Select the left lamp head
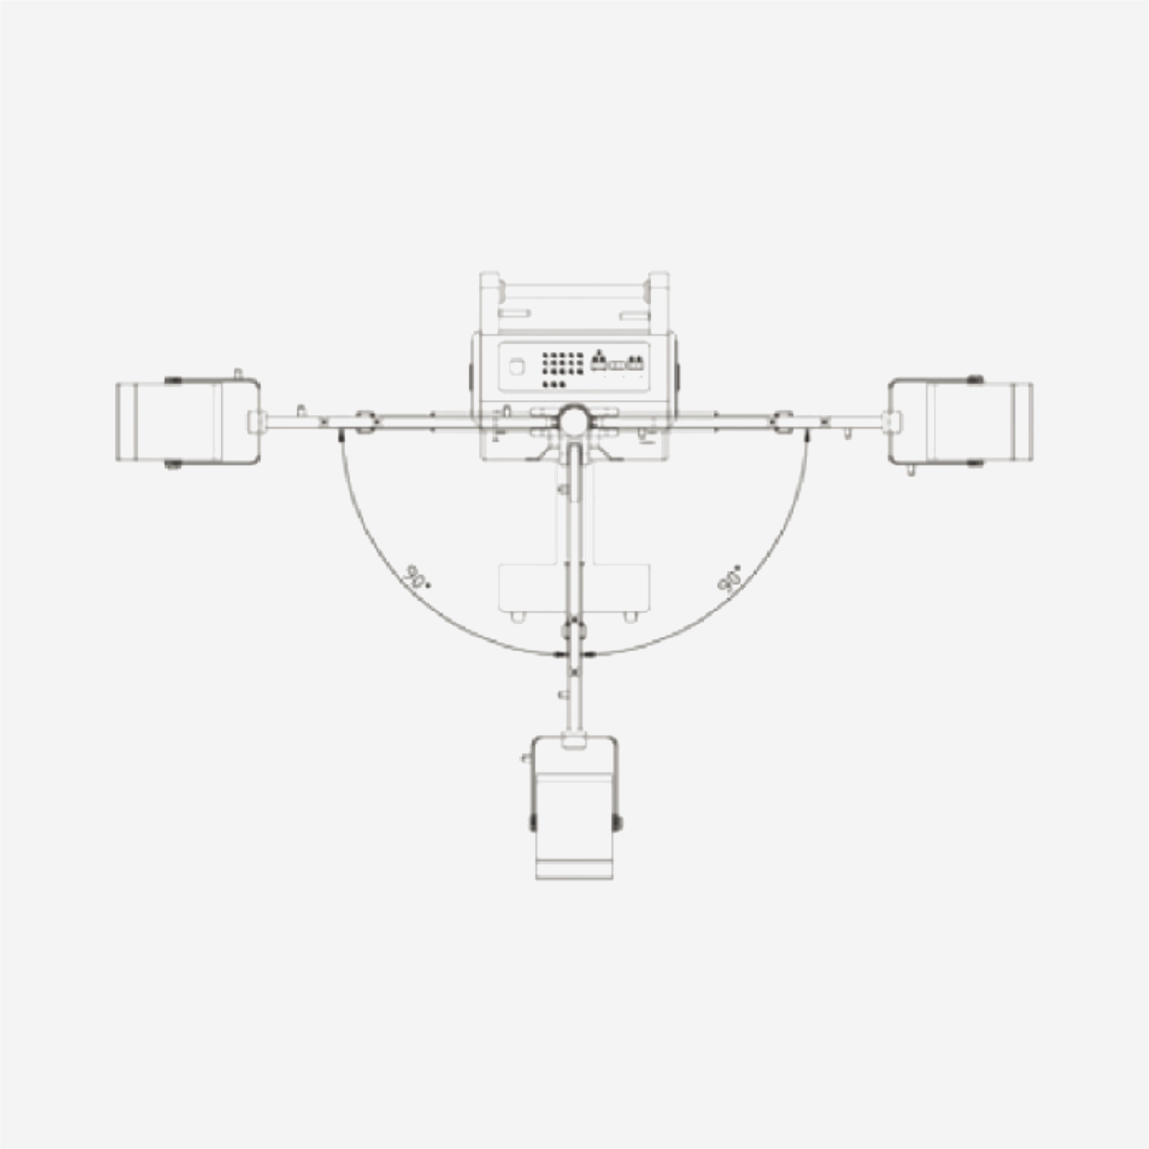[188, 422]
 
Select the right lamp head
[961, 422]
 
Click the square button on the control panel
[517, 367]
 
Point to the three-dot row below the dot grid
[554, 384]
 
